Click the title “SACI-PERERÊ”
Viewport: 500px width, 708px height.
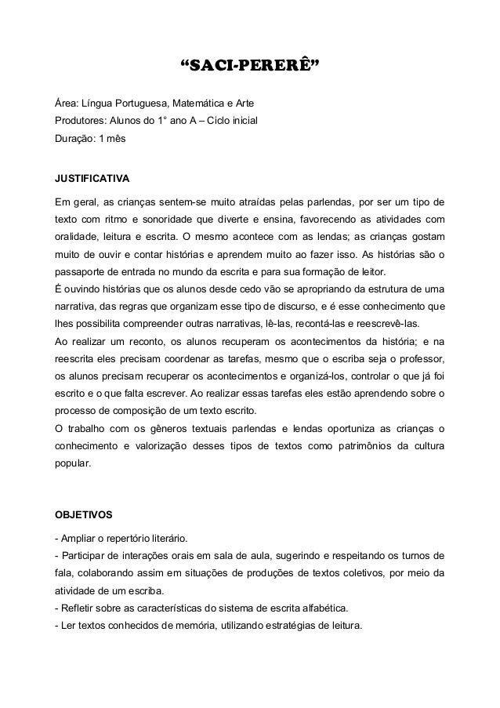[x=249, y=64]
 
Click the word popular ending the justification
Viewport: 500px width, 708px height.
[x=70, y=463]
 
